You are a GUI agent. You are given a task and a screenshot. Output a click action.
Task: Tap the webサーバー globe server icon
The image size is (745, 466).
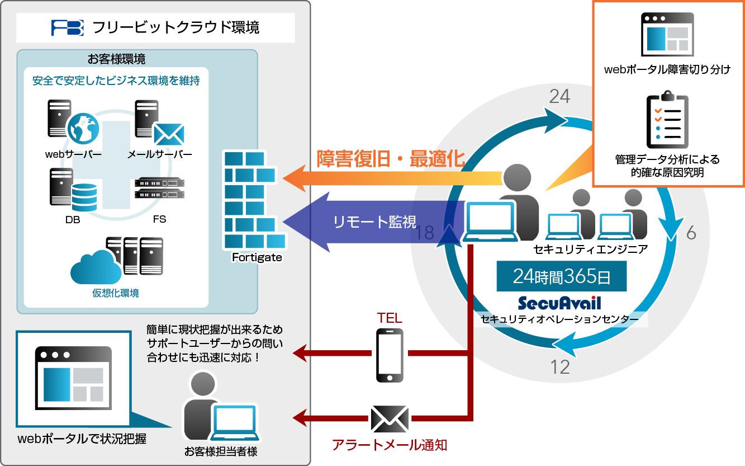(73, 122)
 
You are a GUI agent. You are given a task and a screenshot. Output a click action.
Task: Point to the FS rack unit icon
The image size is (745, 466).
(159, 188)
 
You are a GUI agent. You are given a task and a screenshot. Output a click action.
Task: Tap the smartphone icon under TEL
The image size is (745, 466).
(390, 355)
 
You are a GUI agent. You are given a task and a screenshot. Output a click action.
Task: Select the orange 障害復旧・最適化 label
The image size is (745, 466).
(391, 159)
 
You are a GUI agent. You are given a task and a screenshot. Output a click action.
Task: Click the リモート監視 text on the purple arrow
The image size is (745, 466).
(374, 222)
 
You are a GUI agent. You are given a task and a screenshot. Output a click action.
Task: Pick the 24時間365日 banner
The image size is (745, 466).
(561, 276)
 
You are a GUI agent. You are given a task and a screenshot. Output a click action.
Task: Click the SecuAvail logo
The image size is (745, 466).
(559, 303)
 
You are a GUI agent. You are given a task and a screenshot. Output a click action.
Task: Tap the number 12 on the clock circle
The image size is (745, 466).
(559, 366)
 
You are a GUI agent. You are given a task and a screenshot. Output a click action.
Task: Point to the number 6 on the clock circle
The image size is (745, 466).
(691, 233)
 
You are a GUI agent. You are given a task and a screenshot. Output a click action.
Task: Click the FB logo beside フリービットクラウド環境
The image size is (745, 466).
(67, 27)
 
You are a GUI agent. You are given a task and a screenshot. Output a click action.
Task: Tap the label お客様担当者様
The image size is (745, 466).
(221, 451)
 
